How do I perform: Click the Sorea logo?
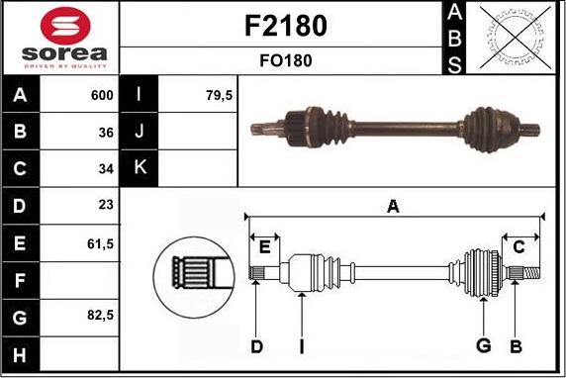coord(58,38)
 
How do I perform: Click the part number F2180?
coord(284,26)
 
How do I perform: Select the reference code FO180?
coord(284,60)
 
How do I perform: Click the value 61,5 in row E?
coord(101,241)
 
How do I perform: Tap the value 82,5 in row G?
coord(101,316)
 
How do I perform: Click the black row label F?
coord(21,279)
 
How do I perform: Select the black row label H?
coord(21,352)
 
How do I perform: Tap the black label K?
coord(139,168)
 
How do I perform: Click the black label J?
coord(139,132)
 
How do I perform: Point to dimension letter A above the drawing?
coord(393,206)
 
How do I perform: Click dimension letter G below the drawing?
coord(484,345)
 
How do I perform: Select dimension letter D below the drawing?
coord(256,345)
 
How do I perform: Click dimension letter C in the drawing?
coord(519,246)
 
